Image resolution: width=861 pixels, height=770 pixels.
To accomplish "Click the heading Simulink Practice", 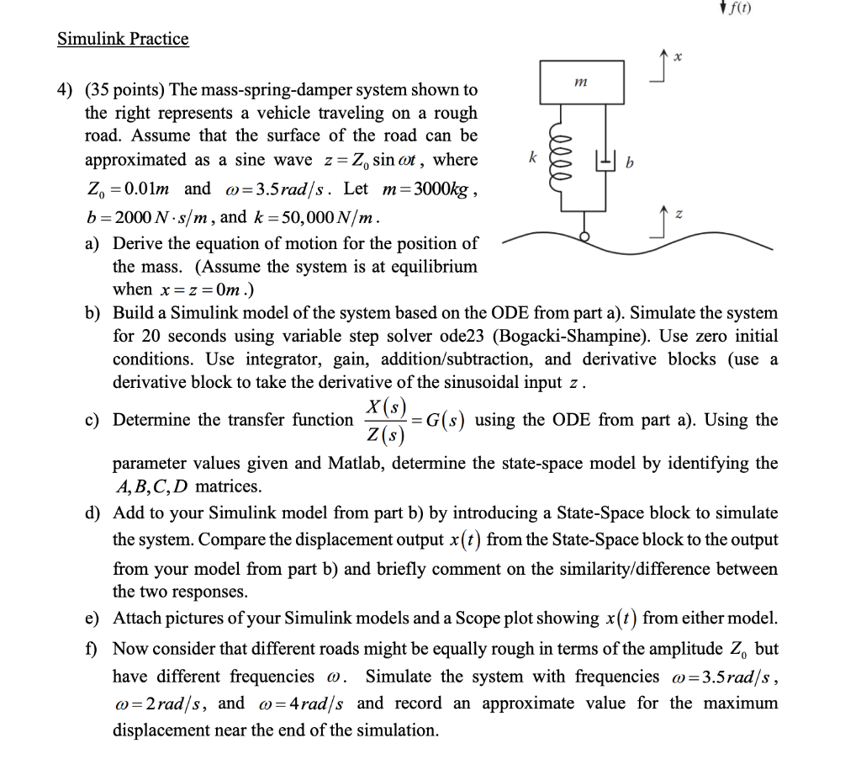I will pyautogui.click(x=123, y=39).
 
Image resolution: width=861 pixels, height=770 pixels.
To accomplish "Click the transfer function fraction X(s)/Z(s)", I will pyautogui.click(x=383, y=419).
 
